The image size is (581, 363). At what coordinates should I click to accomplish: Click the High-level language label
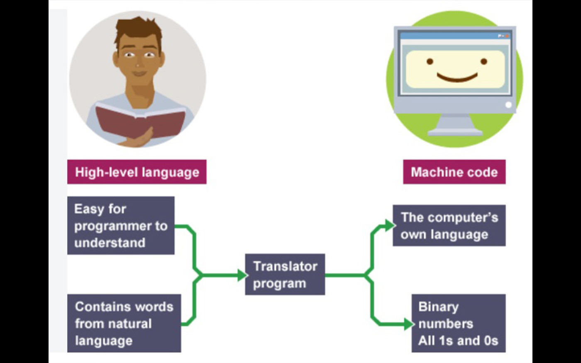tap(137, 172)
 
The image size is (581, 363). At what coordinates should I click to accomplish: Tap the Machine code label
tap(454, 172)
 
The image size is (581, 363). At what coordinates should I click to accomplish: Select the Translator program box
tap(285, 274)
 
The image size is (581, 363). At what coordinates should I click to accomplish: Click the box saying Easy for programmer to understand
tap(121, 225)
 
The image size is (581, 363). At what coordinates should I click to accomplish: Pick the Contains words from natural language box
tap(124, 323)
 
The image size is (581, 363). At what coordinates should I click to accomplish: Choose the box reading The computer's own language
tap(449, 225)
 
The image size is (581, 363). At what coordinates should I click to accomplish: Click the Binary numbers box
tap(458, 323)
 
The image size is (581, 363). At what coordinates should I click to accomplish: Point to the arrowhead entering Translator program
tap(242, 275)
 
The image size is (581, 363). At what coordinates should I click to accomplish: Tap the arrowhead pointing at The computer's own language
tap(389, 226)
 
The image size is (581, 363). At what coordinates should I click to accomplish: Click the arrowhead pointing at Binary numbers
tap(408, 324)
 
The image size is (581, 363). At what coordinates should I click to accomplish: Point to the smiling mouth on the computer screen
tap(457, 77)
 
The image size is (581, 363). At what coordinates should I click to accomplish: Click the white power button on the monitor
tap(508, 105)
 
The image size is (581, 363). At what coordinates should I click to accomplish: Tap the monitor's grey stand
tap(456, 125)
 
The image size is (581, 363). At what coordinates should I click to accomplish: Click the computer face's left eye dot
tap(430, 61)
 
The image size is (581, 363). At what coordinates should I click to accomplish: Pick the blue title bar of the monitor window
tap(455, 36)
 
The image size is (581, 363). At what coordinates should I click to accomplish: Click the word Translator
tap(286, 266)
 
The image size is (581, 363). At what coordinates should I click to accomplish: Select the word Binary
tap(438, 307)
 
